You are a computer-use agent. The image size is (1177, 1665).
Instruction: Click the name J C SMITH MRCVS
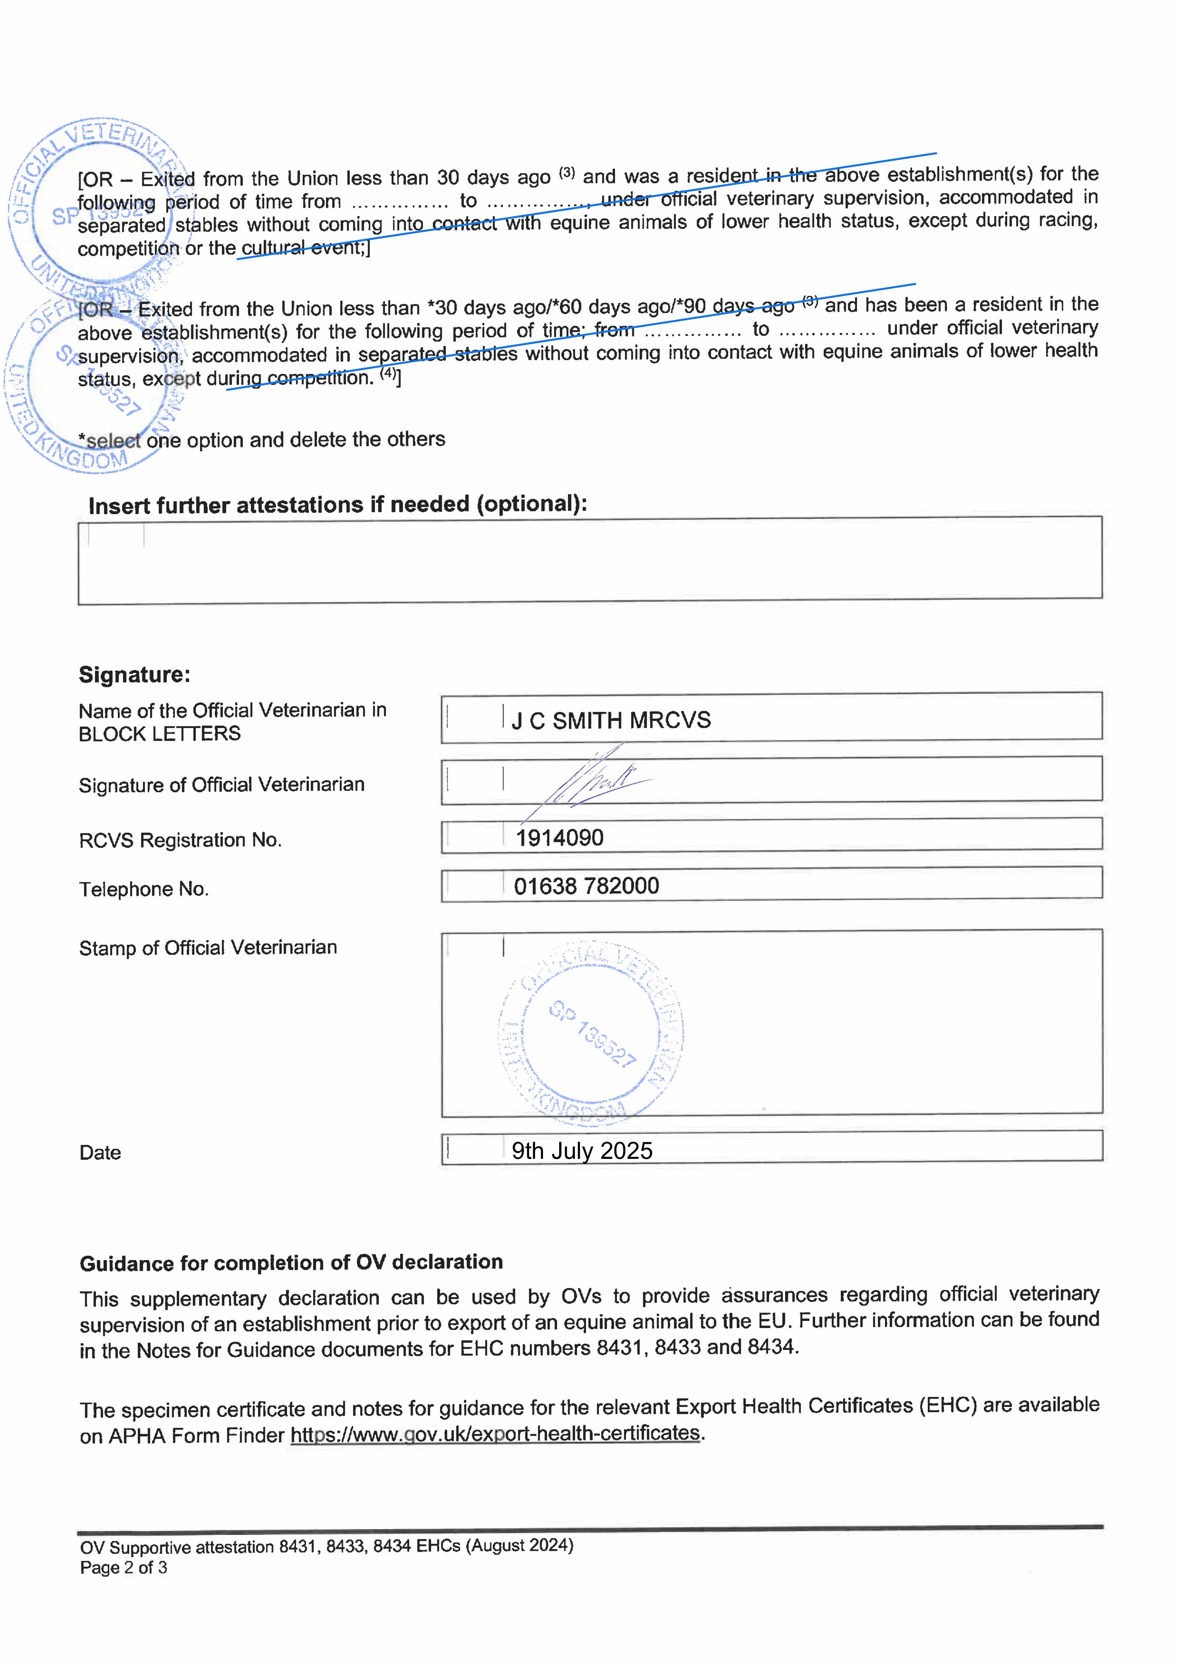pyautogui.click(x=611, y=720)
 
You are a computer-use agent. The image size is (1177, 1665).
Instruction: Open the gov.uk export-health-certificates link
pyautogui.click(x=495, y=1434)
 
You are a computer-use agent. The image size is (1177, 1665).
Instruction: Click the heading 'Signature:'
pyautogui.click(x=134, y=674)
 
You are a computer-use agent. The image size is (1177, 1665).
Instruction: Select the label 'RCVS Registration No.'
pyautogui.click(x=180, y=840)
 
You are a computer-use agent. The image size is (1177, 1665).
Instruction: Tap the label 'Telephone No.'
pyautogui.click(x=144, y=889)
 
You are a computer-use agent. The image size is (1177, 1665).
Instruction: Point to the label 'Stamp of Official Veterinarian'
pyautogui.click(x=207, y=948)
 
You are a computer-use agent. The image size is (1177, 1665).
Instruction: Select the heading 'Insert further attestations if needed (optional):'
pyautogui.click(x=337, y=505)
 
